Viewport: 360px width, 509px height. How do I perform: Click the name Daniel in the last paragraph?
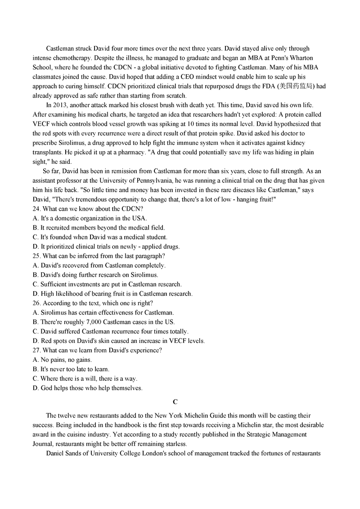click(x=57, y=454)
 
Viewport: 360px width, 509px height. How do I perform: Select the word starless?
click(x=172, y=444)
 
